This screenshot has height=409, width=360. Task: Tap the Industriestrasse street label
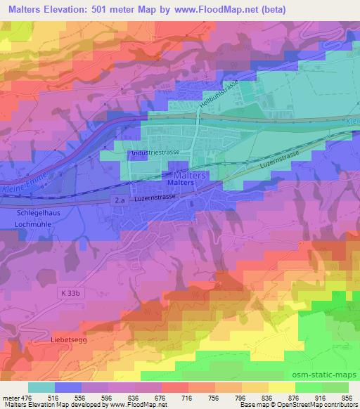(x=153, y=151)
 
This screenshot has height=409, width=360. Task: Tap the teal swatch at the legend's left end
(x=41, y=387)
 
